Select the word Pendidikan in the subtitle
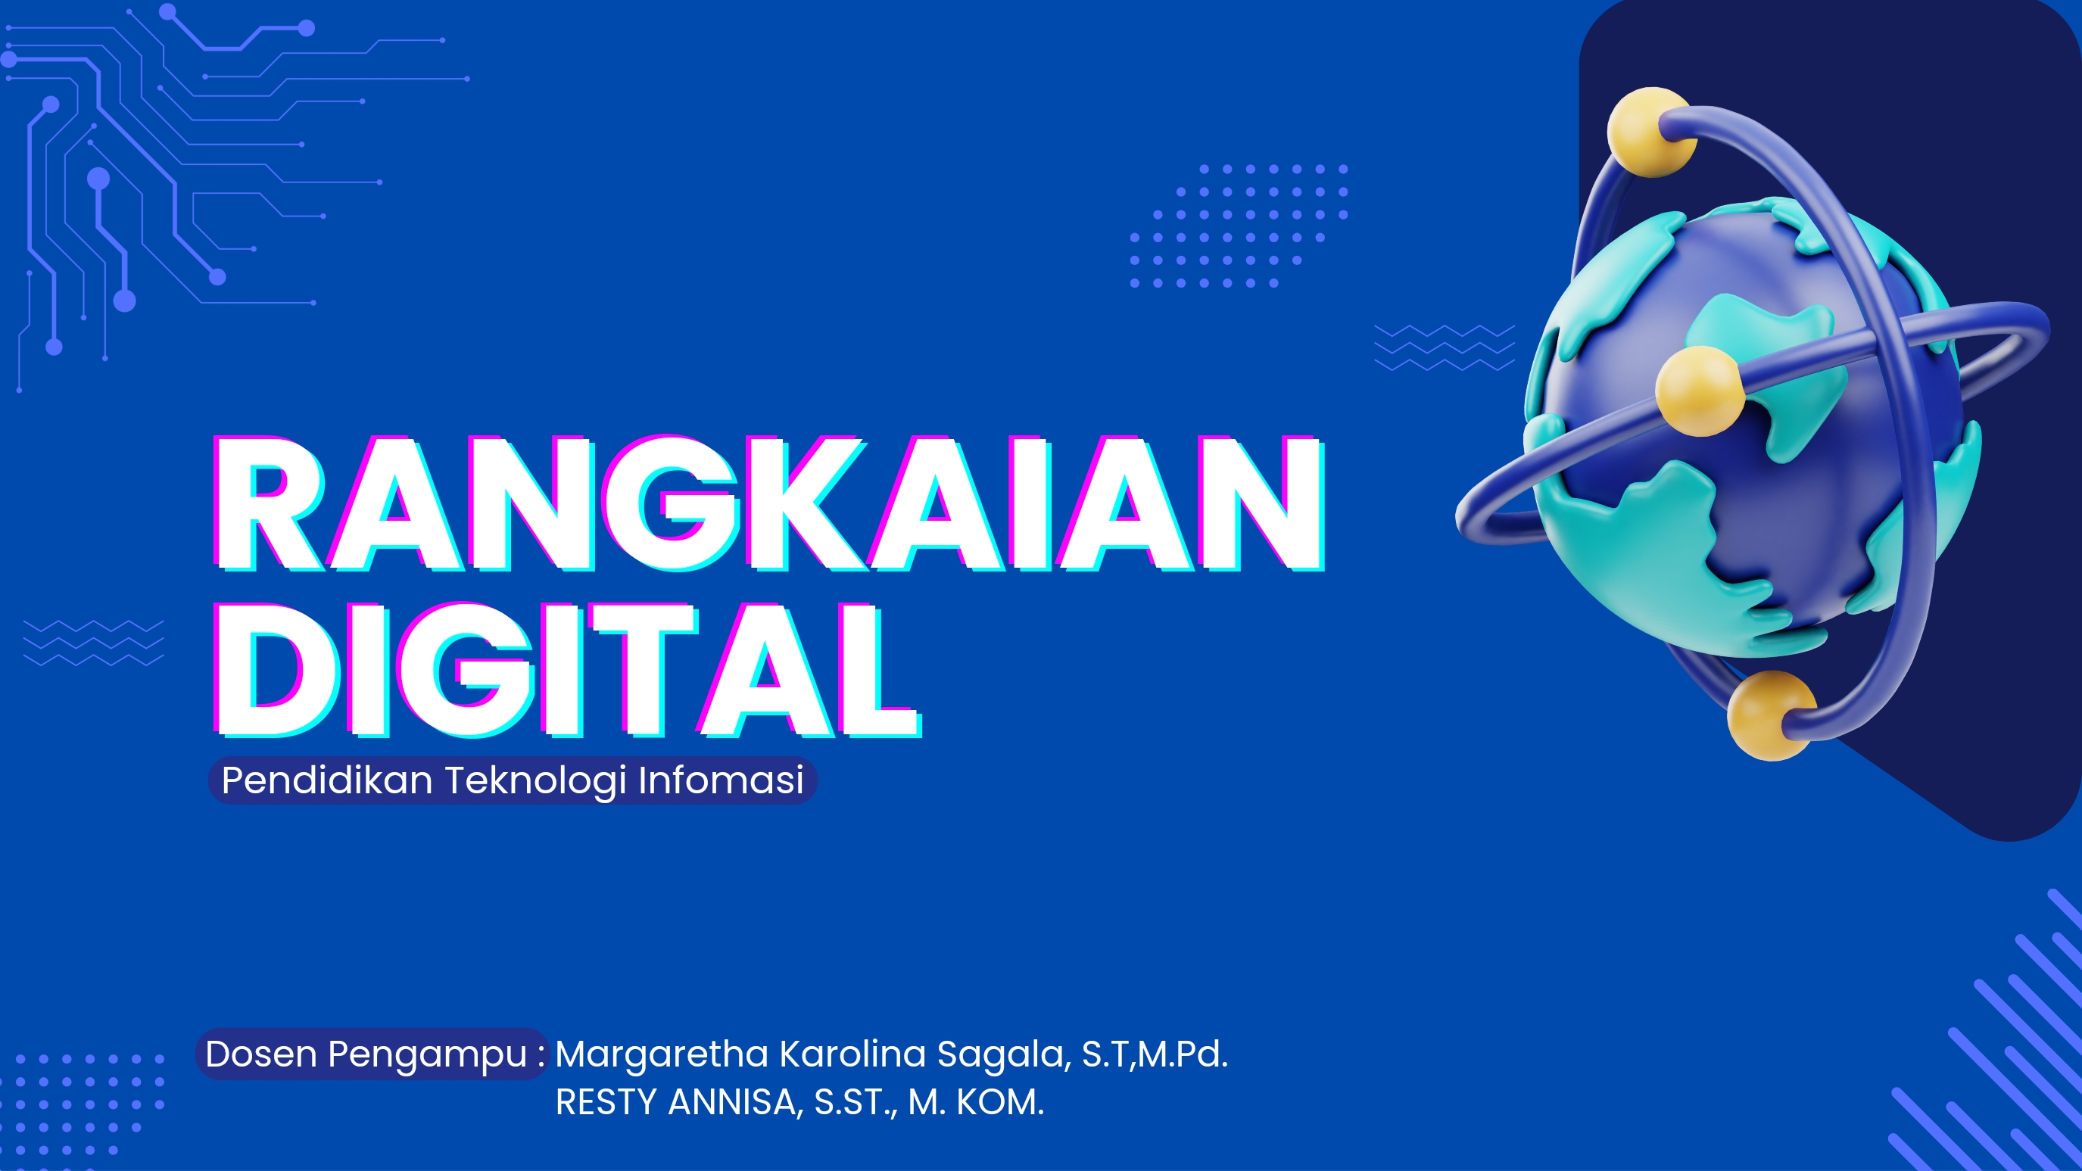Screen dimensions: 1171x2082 click(327, 780)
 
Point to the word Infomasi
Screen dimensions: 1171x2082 click(721, 780)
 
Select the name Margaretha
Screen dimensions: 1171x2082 click(661, 1054)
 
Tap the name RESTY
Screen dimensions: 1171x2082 click(606, 1102)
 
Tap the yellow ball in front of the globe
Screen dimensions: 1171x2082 click(1699, 391)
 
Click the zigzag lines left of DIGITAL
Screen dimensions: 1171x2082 click(94, 643)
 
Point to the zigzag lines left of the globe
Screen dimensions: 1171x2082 click(1445, 347)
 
